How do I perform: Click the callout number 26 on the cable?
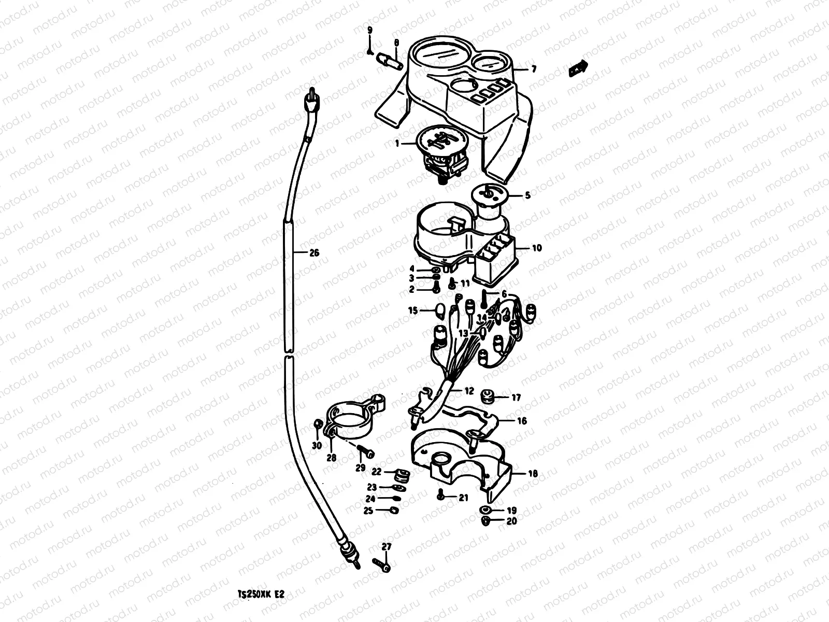pos(313,253)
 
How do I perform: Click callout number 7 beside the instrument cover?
pos(533,69)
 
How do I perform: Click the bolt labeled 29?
pos(366,453)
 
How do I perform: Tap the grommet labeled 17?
pos(488,397)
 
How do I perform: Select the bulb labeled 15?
pos(441,312)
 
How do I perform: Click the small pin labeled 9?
pos(369,50)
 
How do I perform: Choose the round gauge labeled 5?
pos(488,199)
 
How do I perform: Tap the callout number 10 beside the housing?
pos(536,248)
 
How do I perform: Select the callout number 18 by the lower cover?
pos(533,473)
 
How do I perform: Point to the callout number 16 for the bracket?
pos(522,421)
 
